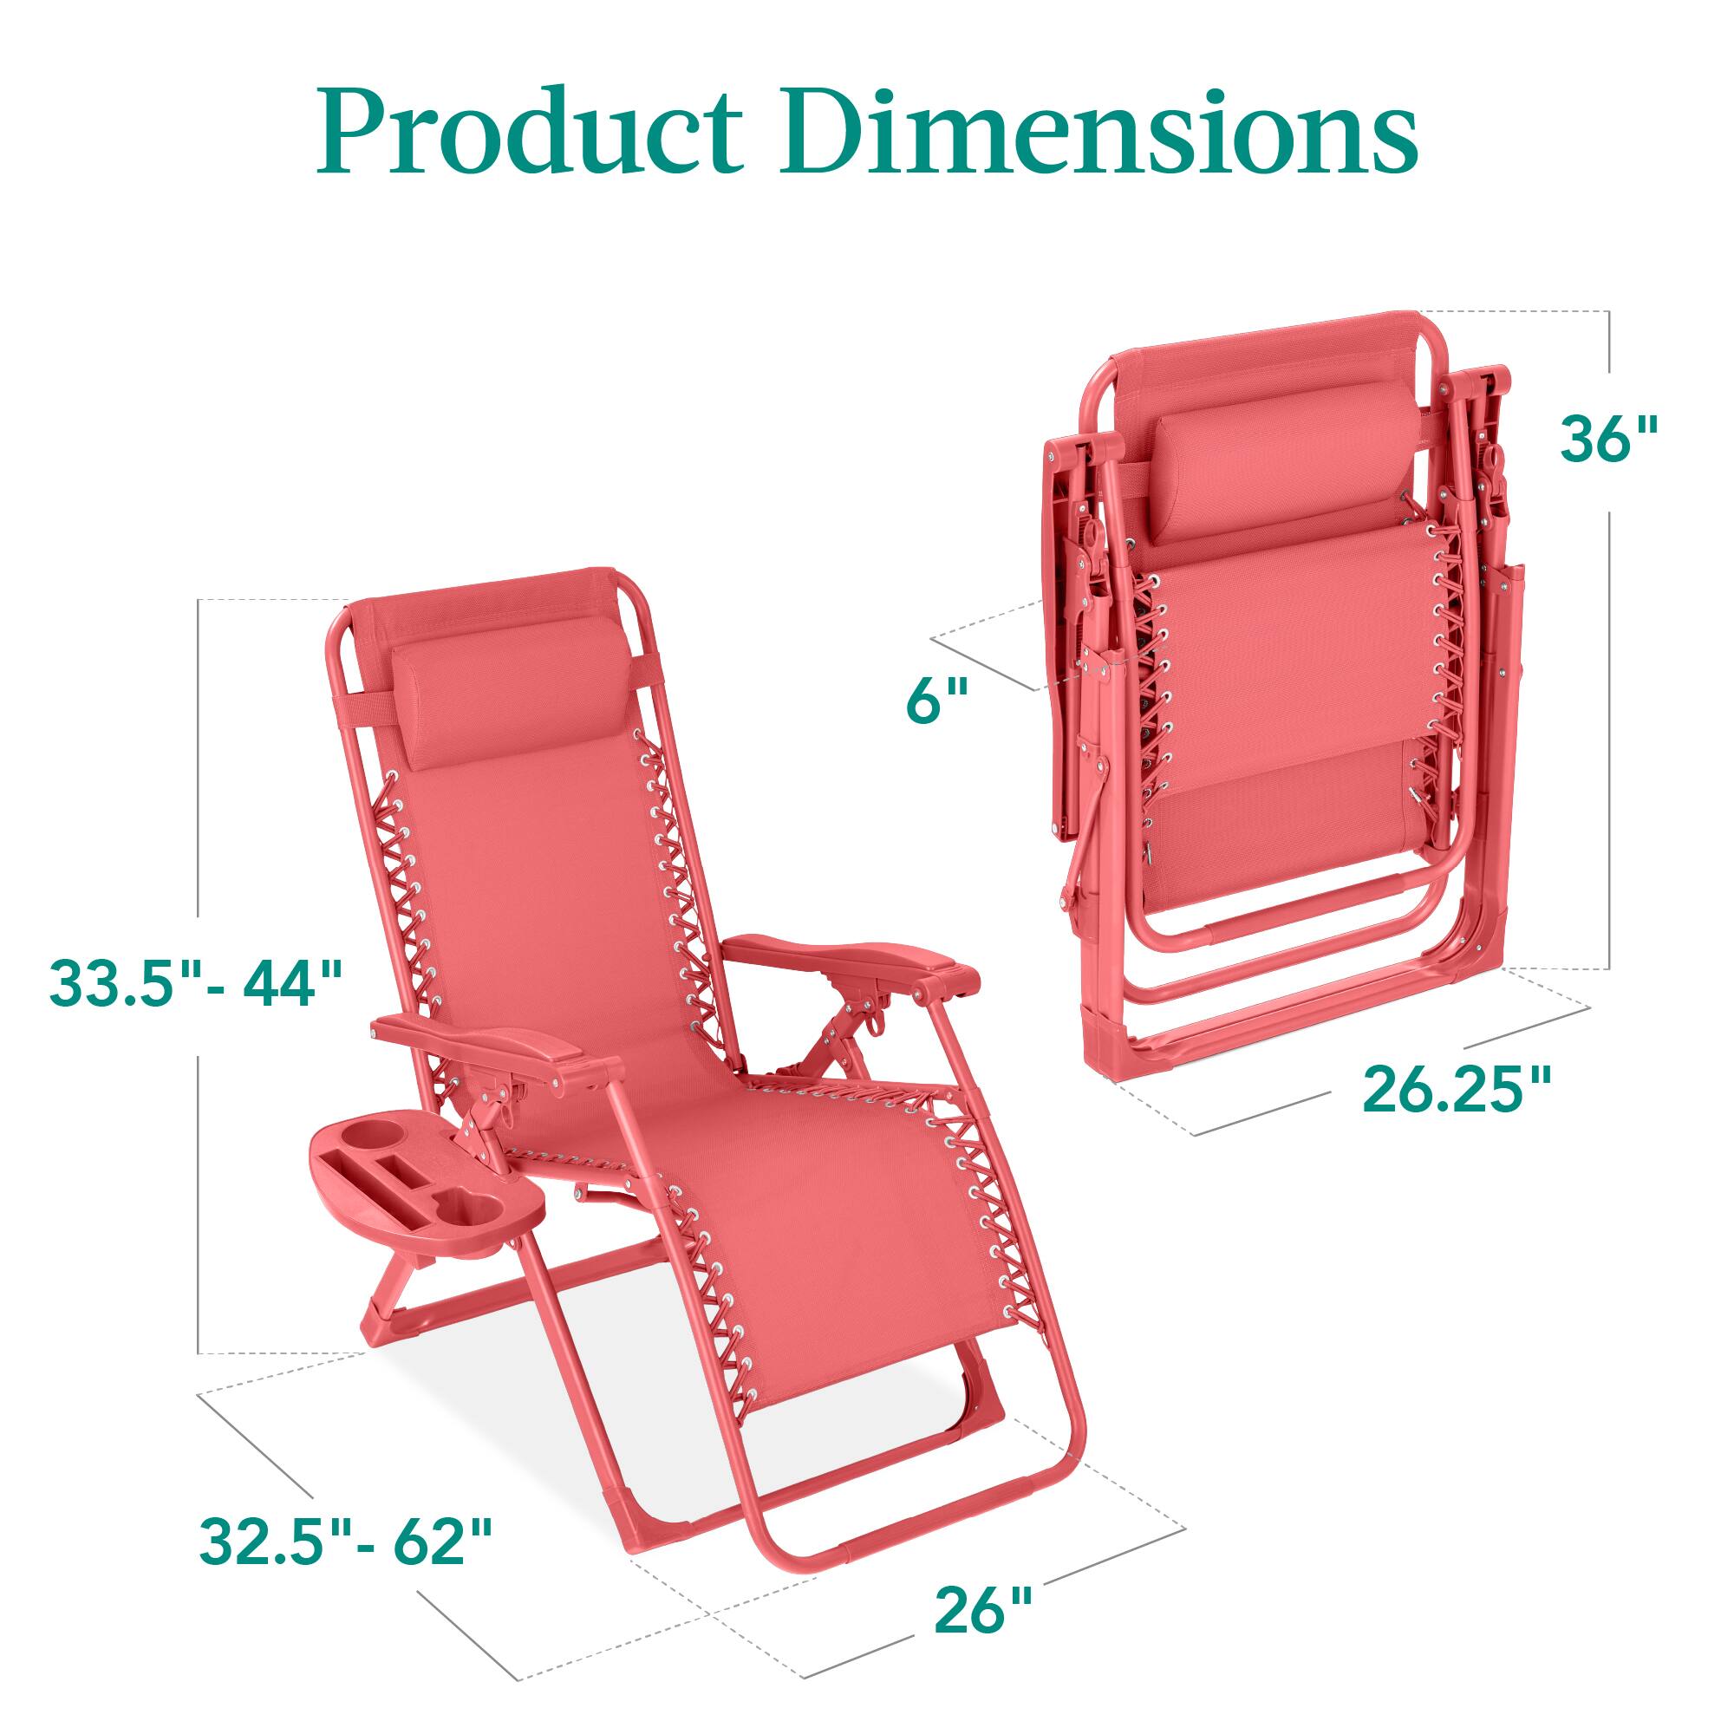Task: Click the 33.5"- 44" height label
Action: pyautogui.click(x=197, y=984)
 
